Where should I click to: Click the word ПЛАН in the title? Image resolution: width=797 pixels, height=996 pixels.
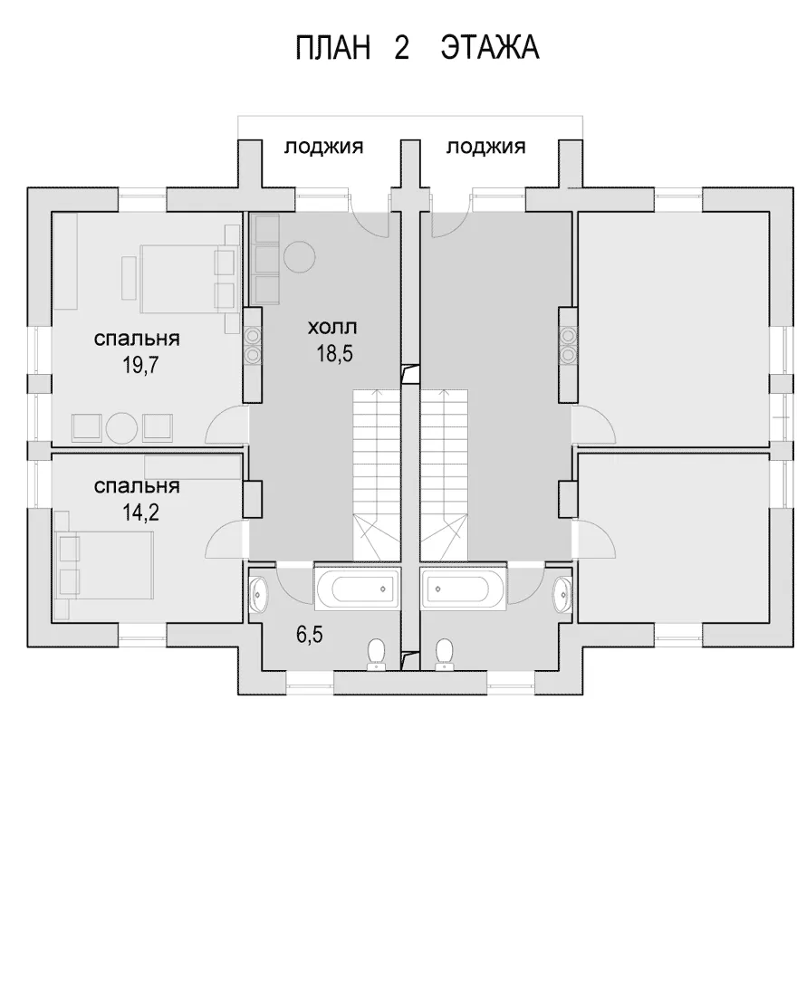(333, 48)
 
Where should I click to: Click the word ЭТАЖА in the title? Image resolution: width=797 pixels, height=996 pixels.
(490, 48)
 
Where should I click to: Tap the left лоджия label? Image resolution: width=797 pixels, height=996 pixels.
(323, 148)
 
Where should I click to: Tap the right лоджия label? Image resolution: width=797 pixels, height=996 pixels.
(485, 148)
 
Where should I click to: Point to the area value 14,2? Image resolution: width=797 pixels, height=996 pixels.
(140, 512)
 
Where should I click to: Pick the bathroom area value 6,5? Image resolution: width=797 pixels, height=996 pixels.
(310, 634)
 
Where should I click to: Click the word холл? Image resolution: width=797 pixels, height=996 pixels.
(332, 328)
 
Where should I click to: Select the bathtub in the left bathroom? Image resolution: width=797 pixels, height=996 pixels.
(358, 589)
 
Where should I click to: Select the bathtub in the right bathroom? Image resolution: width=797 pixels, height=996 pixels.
(464, 589)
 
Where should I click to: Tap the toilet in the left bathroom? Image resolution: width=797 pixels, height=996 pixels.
(377, 654)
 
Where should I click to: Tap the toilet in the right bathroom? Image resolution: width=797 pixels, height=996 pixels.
(444, 654)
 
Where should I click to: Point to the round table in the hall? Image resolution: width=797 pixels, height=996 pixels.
(300, 257)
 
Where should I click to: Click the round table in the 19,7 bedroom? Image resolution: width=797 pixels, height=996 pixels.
(122, 429)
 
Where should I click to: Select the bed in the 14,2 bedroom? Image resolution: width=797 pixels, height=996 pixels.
(106, 565)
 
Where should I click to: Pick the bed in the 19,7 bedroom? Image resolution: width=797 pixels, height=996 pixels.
(187, 279)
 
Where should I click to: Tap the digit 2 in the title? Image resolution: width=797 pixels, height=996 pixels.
(402, 48)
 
